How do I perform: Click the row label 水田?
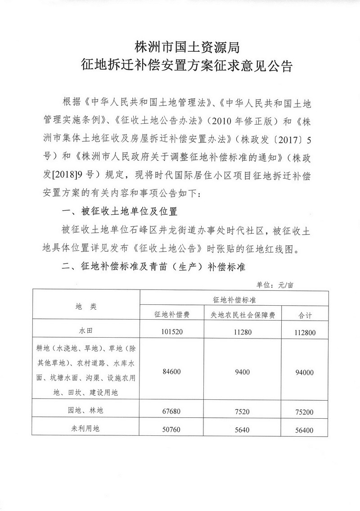point(85,331)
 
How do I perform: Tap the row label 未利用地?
point(85,429)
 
